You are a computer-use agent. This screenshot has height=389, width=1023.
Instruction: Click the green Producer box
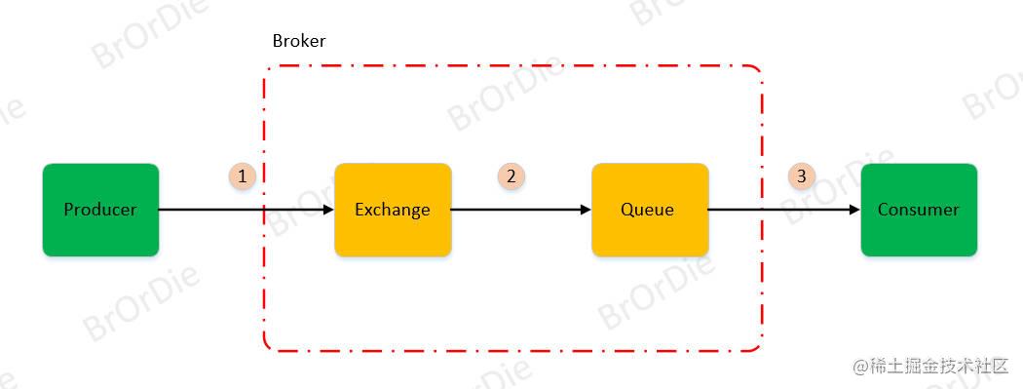[x=100, y=234]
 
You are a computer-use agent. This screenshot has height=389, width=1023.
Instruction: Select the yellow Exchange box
[x=393, y=234]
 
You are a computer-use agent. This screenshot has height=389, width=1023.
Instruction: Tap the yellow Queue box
[x=650, y=234]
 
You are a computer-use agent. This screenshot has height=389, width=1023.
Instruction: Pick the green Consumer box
[x=919, y=234]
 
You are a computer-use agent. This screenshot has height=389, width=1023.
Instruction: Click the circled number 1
[x=243, y=176]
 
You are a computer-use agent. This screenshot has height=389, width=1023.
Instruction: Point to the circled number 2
[x=511, y=176]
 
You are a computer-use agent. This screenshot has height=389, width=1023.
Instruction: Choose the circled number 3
[x=802, y=176]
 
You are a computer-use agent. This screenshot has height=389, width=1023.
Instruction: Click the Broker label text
[x=299, y=41]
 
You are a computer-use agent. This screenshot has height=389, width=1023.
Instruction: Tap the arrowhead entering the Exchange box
[x=328, y=210]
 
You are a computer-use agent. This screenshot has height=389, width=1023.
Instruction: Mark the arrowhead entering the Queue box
[x=586, y=210]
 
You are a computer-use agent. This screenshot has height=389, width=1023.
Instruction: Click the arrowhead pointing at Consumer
[x=854, y=210]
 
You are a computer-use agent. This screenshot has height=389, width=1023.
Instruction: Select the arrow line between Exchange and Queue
[x=516, y=210]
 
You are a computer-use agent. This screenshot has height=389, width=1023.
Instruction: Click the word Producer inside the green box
[x=100, y=210]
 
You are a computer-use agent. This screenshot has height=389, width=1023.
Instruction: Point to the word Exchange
[x=393, y=210]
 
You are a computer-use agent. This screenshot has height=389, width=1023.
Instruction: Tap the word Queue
[x=648, y=210]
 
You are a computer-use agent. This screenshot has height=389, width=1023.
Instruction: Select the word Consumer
[x=919, y=210]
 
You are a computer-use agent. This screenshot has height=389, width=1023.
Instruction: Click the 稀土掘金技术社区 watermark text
[x=930, y=367]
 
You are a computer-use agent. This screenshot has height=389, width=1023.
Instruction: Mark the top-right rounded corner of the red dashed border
[x=757, y=70]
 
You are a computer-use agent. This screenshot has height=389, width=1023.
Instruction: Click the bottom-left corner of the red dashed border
[x=268, y=345]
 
